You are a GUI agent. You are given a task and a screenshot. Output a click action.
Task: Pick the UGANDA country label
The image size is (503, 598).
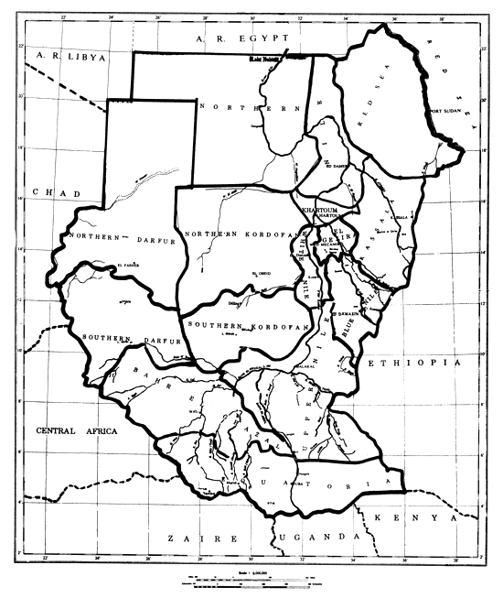tap(320, 537)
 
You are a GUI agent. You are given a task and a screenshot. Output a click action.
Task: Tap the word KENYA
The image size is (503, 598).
tap(425, 518)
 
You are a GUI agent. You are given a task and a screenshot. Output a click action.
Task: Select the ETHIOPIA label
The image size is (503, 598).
tap(412, 364)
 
